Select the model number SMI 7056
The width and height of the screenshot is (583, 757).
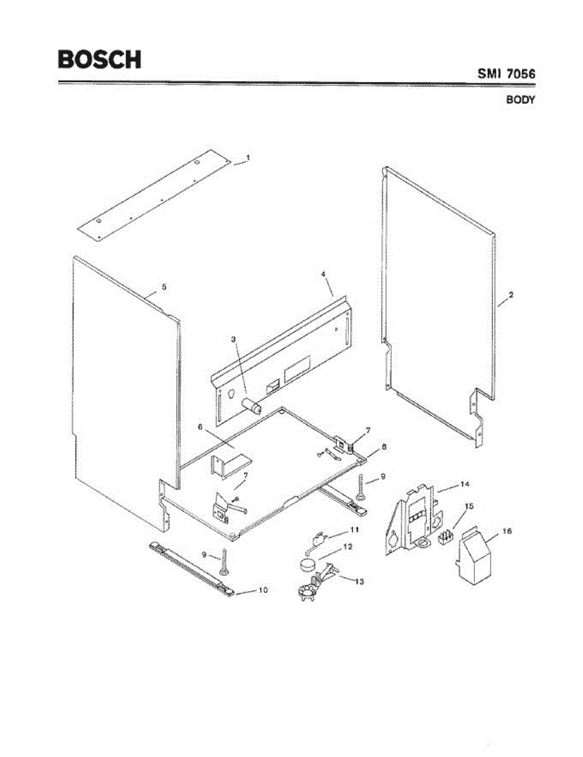point(506,74)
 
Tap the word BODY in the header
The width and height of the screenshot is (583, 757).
point(521,100)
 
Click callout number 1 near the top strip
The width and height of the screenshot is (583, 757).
point(248,158)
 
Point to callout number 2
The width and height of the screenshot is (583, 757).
point(511,295)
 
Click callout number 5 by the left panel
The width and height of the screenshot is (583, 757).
point(164,286)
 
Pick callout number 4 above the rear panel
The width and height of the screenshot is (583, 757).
point(323,274)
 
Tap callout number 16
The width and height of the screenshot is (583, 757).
point(508,531)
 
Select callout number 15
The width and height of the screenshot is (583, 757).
point(468,506)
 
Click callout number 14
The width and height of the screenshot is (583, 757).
point(465,484)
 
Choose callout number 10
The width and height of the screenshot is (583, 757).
point(263,590)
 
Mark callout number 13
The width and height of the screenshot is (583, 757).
point(359,581)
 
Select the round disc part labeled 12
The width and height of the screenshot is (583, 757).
point(308,563)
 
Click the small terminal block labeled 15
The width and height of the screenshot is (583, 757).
point(447,537)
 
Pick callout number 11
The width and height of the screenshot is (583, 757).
point(354,529)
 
